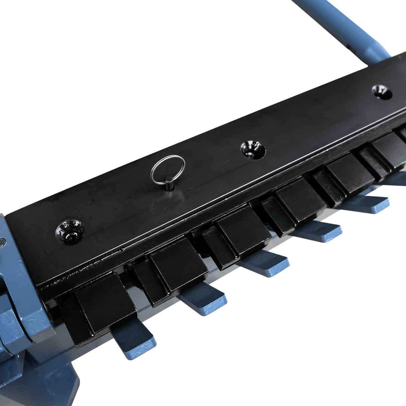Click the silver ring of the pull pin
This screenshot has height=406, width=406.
[168, 170]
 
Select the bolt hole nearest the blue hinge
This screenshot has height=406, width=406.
[70, 231]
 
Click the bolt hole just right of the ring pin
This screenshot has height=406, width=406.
[252, 149]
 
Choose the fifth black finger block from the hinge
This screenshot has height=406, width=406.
[349, 174]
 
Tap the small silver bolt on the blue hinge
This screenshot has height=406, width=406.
[3, 241]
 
